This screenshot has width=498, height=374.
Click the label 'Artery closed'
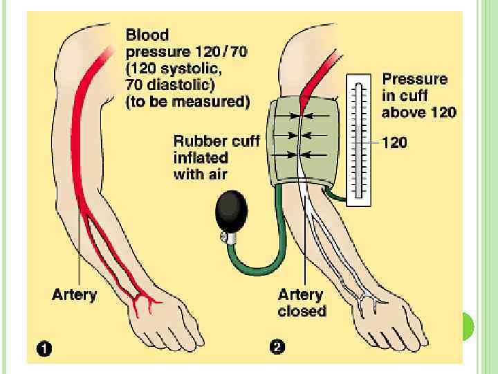click(302, 303)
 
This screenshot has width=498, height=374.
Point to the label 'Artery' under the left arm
click(75, 294)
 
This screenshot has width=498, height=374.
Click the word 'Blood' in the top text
click(147, 35)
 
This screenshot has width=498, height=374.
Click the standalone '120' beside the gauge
click(394, 143)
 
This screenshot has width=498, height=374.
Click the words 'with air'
click(199, 174)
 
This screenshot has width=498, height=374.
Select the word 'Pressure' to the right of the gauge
click(415, 79)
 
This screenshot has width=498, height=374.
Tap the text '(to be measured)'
click(187, 102)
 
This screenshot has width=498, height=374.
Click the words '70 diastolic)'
click(170, 84)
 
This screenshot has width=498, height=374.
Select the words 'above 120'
click(419, 112)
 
